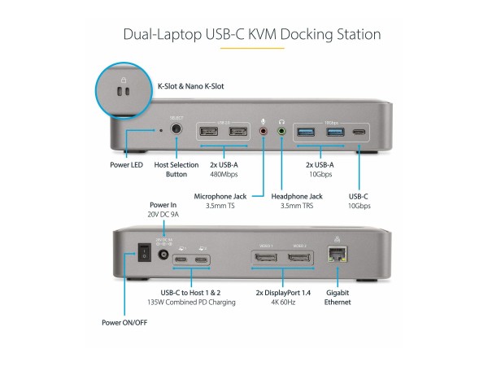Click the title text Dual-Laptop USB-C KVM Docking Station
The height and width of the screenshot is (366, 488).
(x=244, y=35)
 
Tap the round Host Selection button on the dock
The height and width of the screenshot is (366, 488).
(x=177, y=129)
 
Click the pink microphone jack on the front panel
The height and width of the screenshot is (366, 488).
(x=263, y=130)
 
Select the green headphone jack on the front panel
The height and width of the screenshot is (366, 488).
(x=281, y=130)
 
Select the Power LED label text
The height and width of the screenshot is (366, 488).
(x=129, y=164)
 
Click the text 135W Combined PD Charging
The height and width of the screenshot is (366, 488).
(x=190, y=303)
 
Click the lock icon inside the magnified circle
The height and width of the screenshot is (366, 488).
(x=123, y=80)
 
